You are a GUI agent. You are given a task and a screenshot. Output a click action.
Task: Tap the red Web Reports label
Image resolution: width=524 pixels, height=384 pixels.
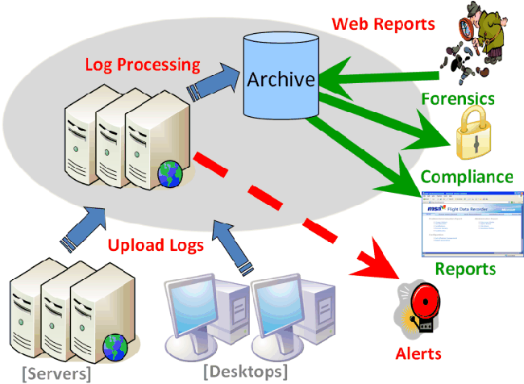(383, 23)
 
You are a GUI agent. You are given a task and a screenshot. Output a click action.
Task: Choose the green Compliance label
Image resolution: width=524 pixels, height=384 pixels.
(467, 177)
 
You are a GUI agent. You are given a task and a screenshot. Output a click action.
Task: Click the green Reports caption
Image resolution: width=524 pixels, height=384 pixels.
(467, 269)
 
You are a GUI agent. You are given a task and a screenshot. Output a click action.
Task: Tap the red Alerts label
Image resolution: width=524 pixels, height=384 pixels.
(418, 353)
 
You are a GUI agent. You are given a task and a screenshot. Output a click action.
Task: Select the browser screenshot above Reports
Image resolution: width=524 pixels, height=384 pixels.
(467, 226)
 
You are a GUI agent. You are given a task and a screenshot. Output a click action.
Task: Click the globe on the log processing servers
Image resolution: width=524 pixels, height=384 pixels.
(169, 173)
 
